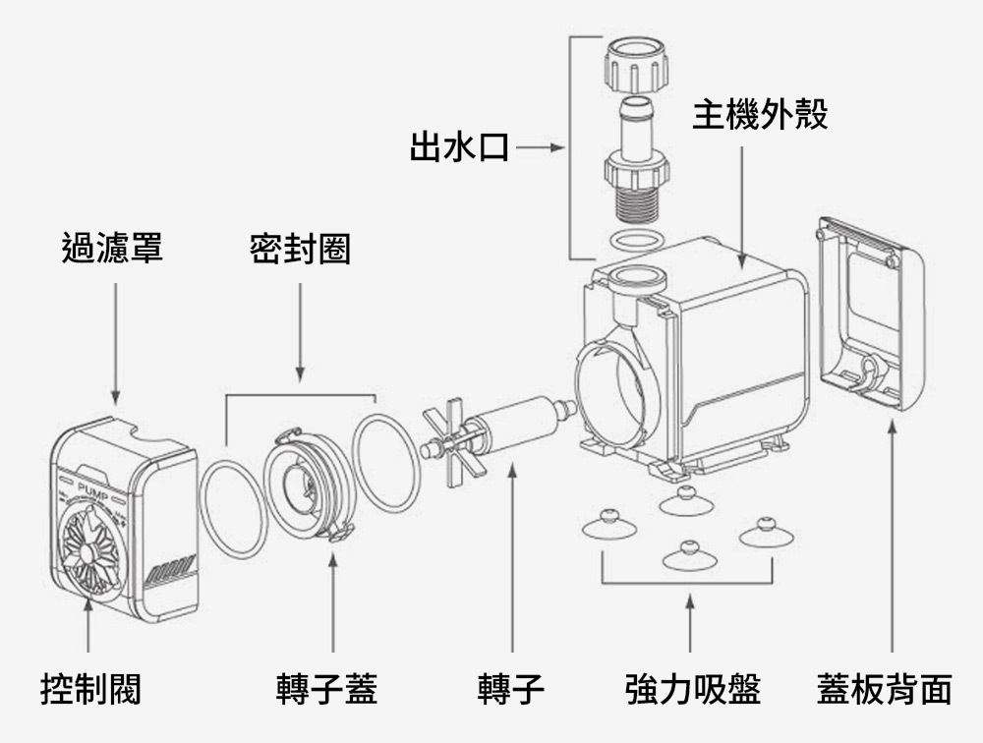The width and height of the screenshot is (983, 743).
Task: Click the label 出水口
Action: coord(459,149)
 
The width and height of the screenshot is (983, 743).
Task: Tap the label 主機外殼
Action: coord(760,114)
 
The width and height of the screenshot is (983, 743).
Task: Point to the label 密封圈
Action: coord(300,250)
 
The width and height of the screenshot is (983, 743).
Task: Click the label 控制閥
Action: coord(89,689)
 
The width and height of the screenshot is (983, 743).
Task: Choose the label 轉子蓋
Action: coord(327,689)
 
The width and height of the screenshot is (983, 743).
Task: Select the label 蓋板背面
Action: coord(885,689)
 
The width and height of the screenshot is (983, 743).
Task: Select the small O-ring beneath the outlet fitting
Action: coord(634,240)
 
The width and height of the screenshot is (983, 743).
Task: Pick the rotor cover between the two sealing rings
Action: coord(309,482)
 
